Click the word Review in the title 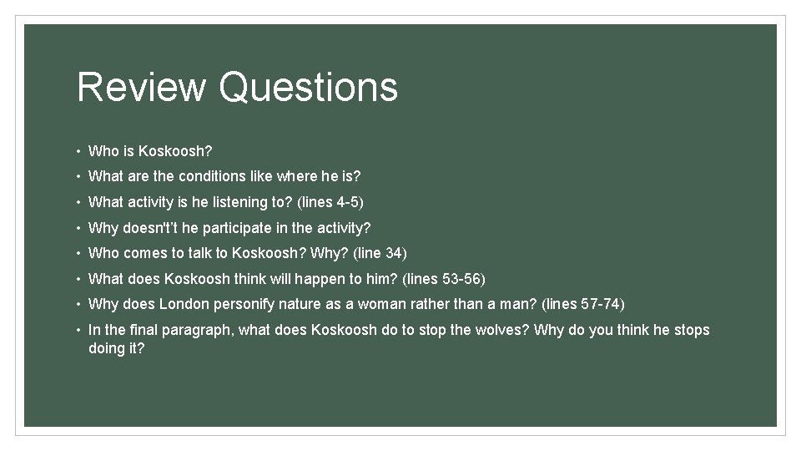pyautogui.click(x=141, y=87)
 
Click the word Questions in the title pyautogui.click(x=309, y=87)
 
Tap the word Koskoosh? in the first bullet pyautogui.click(x=175, y=151)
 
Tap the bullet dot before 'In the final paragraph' pyautogui.click(x=78, y=330)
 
